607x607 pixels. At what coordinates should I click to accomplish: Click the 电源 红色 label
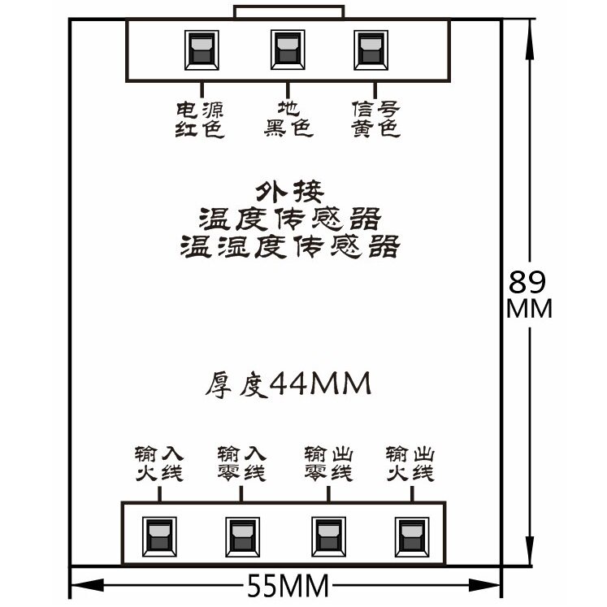point(200,119)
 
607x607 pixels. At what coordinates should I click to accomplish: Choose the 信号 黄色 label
point(375,119)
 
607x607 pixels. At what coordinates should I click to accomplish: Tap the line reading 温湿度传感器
point(290,245)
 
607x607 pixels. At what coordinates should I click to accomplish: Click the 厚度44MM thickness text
point(287,383)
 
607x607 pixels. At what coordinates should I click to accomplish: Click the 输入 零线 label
point(241,462)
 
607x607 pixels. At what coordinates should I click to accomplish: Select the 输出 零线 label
point(328,462)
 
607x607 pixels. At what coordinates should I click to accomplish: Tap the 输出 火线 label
point(410,462)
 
